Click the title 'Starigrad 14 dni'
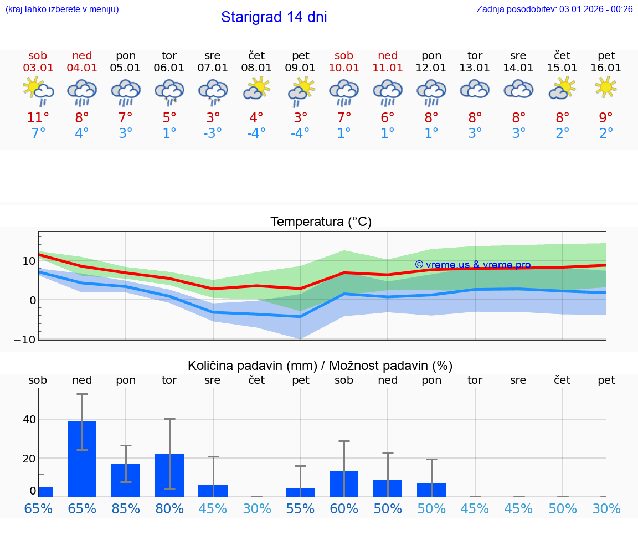[x=274, y=17]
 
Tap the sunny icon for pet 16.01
[x=606, y=87]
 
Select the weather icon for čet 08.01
[x=256, y=88]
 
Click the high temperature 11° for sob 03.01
[x=38, y=118]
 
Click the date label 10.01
[x=344, y=68]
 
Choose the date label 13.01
[x=475, y=68]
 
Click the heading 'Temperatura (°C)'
[x=321, y=222]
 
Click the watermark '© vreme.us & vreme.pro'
[x=472, y=265]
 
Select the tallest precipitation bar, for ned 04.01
[x=82, y=459]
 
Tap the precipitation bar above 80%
[x=169, y=475]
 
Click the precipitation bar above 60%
[x=344, y=484]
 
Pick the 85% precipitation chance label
[x=126, y=509]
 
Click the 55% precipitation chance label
[x=300, y=509]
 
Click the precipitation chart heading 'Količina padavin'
[x=252, y=366]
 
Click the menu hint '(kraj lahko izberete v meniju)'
[x=62, y=9]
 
